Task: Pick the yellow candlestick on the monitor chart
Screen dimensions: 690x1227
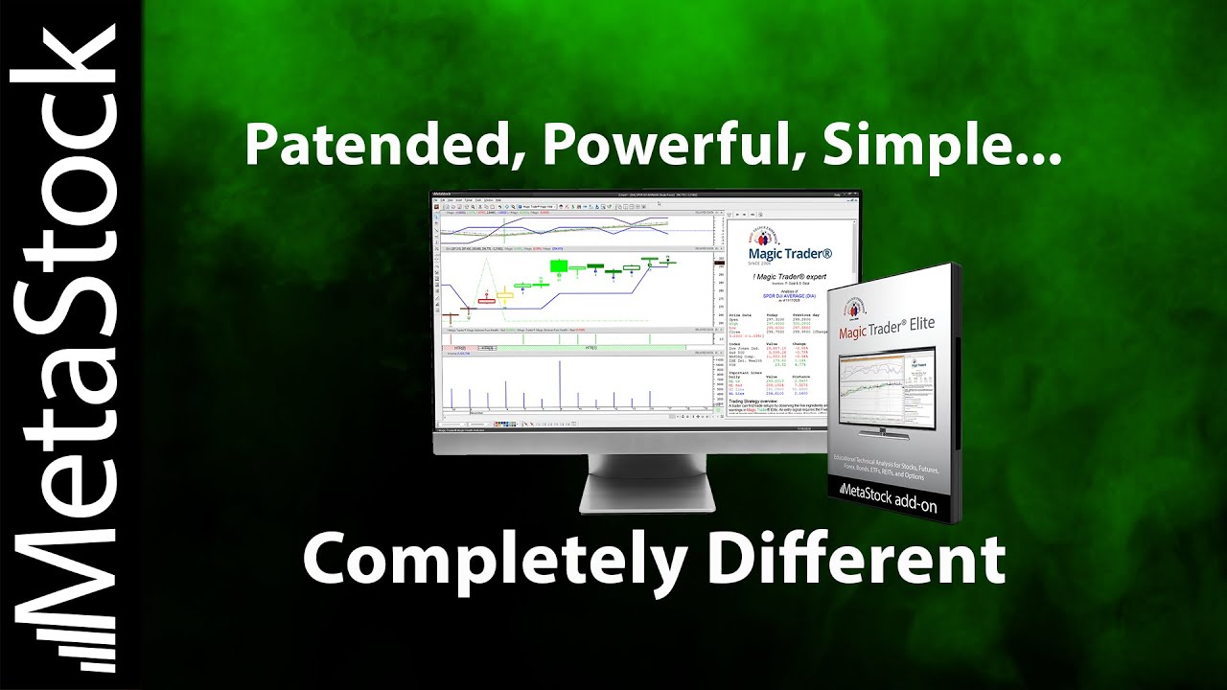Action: pos(504,294)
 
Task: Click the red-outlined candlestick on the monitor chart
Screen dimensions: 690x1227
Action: pos(485,301)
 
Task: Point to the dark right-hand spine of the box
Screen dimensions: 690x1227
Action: pos(956,393)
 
